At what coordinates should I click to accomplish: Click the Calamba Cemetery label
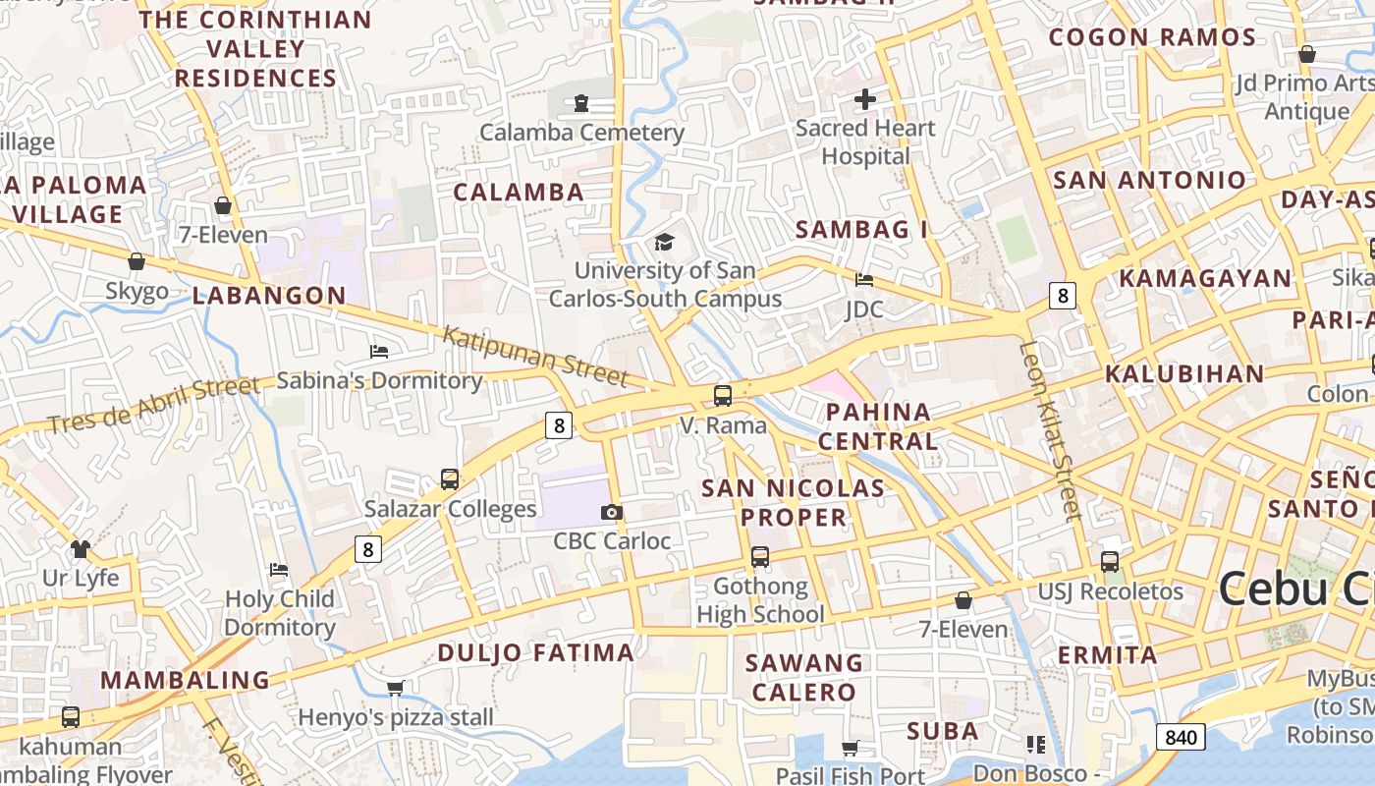pos(581,132)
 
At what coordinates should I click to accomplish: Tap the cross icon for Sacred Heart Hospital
pos(865,99)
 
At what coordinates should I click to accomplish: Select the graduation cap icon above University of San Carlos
pos(665,242)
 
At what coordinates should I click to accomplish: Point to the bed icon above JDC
pos(864,280)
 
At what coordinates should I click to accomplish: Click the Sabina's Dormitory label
pos(379,380)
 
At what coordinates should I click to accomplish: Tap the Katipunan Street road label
pos(534,356)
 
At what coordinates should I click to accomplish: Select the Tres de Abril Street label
pos(153,405)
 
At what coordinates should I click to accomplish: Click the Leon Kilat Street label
pos(1050,429)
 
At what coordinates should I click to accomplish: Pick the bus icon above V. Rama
pos(723,396)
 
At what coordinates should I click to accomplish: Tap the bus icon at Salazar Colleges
pos(450,479)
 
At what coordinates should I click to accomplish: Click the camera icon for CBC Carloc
pos(612,512)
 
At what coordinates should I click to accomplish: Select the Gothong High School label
pos(760,600)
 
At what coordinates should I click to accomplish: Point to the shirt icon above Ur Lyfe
pos(81,548)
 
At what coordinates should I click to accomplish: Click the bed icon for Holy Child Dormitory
pos(279,570)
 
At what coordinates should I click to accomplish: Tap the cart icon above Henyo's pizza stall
pos(395,688)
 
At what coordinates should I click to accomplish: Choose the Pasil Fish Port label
pos(851,775)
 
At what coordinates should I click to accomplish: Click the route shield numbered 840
pos(1180,737)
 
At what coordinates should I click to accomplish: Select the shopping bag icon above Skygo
pos(137,261)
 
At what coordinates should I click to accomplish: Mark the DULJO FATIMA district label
pos(535,652)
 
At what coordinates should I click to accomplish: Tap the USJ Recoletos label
pos(1111,591)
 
